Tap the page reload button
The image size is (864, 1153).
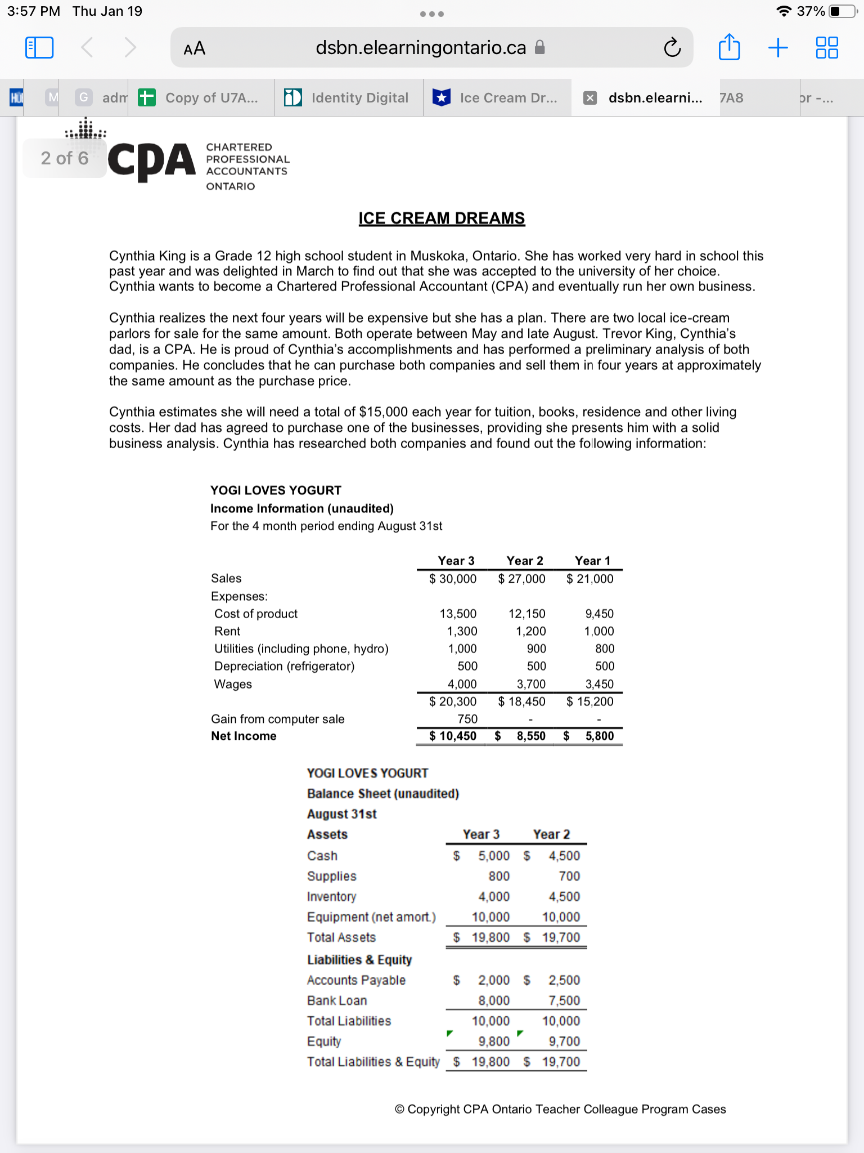click(672, 48)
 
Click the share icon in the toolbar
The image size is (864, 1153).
click(729, 47)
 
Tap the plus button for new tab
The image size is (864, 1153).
click(778, 47)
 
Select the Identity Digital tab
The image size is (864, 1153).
click(349, 98)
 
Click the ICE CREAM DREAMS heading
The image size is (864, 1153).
click(442, 218)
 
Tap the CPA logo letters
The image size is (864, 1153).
click(151, 160)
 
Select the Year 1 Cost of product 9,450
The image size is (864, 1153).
click(599, 614)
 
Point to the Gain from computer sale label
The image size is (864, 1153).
click(277, 719)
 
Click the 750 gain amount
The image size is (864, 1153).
click(467, 719)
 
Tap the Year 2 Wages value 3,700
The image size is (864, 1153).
click(531, 684)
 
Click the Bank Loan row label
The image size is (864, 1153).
click(337, 1000)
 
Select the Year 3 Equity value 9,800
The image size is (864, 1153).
click(494, 1042)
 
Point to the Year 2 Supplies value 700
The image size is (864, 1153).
click(569, 876)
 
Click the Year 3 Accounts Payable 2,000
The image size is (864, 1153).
click(494, 980)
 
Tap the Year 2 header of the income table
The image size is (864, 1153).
click(524, 561)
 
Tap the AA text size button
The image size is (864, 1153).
click(194, 48)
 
